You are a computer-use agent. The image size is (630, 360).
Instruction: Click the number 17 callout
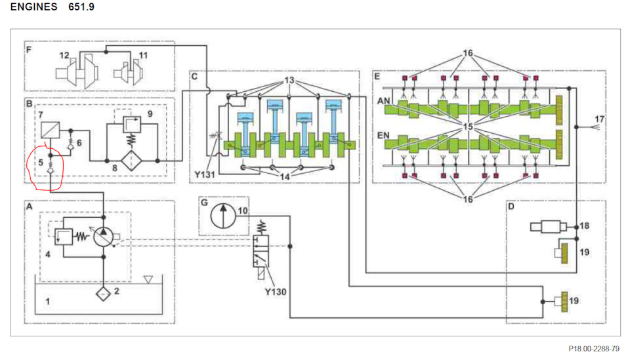pos(598,118)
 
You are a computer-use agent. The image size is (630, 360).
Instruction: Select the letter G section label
pos(204,204)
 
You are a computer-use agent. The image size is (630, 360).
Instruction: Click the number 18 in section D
pos(585,226)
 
